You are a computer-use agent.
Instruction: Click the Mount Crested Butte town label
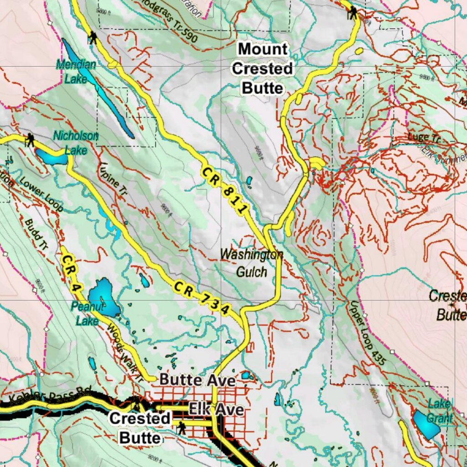[262, 68]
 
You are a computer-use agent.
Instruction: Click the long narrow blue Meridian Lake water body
[98, 87]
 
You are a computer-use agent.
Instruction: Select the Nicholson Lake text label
[75, 142]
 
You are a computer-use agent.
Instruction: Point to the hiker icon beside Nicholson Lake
[30, 140]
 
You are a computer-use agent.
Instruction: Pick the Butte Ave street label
[197, 380]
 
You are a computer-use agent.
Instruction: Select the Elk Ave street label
[216, 409]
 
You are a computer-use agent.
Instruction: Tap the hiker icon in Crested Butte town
[182, 428]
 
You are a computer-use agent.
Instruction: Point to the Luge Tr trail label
[418, 137]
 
